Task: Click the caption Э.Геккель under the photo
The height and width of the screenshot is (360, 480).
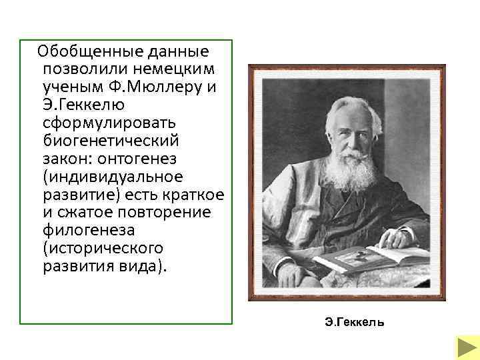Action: pyautogui.click(x=354, y=323)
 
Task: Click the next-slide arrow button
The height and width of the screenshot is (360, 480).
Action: pyautogui.click(x=464, y=347)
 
